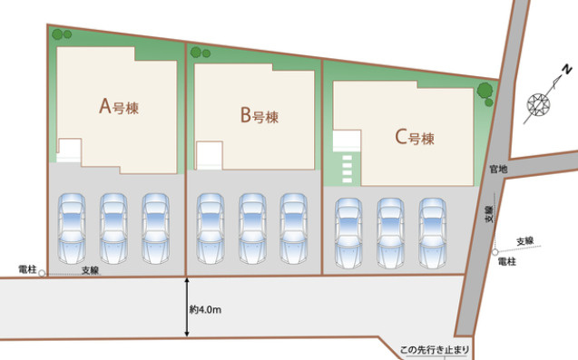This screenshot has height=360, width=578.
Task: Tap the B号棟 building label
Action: coord(259,115)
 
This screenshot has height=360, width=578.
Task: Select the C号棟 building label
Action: coord(415,138)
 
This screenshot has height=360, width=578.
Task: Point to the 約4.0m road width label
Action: coord(206,309)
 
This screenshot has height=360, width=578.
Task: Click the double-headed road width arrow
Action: coord(186,308)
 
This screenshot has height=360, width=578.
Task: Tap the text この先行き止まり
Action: coord(436,349)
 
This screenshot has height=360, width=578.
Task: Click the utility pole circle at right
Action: coord(496,252)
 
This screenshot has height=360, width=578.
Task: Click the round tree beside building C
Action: coord(485,91)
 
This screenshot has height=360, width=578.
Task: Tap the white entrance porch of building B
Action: coord(210,154)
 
